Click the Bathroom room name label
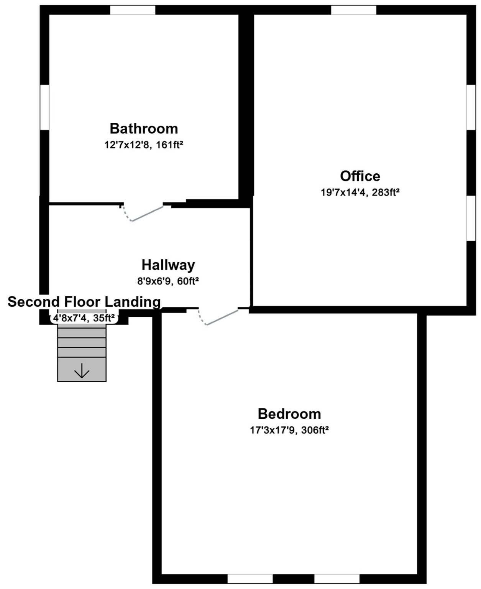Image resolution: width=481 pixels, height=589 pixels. coord(144,128)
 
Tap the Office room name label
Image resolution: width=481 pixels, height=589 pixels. coord(360,176)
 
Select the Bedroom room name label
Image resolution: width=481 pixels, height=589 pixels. coord(289,414)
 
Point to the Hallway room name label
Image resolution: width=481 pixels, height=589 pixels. coord(168,265)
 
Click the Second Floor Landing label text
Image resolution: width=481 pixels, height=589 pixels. coord(84,302)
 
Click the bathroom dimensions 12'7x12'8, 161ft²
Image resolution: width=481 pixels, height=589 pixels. coord(144,145)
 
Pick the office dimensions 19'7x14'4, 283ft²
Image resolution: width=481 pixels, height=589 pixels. coord(360,192)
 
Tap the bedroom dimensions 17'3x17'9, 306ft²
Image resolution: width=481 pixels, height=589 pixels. coord(289,430)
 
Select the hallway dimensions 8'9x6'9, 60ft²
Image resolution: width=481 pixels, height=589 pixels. coord(168,281)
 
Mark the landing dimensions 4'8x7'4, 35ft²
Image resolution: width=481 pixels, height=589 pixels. coord(84,318)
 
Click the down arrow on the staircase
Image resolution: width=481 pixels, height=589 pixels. coord(82,371)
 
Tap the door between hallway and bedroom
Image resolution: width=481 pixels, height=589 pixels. coord(222,317)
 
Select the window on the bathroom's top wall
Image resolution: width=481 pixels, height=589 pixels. coord(133,10)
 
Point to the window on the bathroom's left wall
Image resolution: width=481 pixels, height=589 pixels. coord(45,107)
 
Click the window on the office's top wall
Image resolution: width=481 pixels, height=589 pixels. coord(353,10)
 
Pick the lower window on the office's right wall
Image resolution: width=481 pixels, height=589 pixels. coord(471,218)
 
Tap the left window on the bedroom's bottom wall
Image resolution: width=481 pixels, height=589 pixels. coord(250,579)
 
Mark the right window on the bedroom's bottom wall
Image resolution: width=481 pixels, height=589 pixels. coord(337,579)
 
